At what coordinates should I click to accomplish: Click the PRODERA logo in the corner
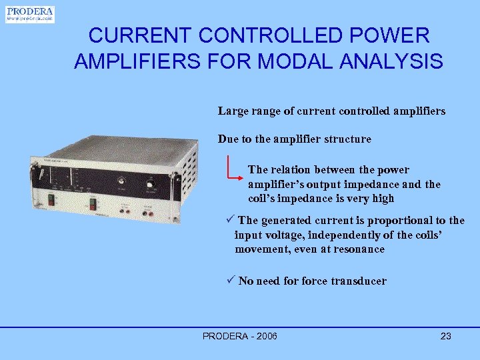coord(30,14)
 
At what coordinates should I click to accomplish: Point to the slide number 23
coord(446,336)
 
